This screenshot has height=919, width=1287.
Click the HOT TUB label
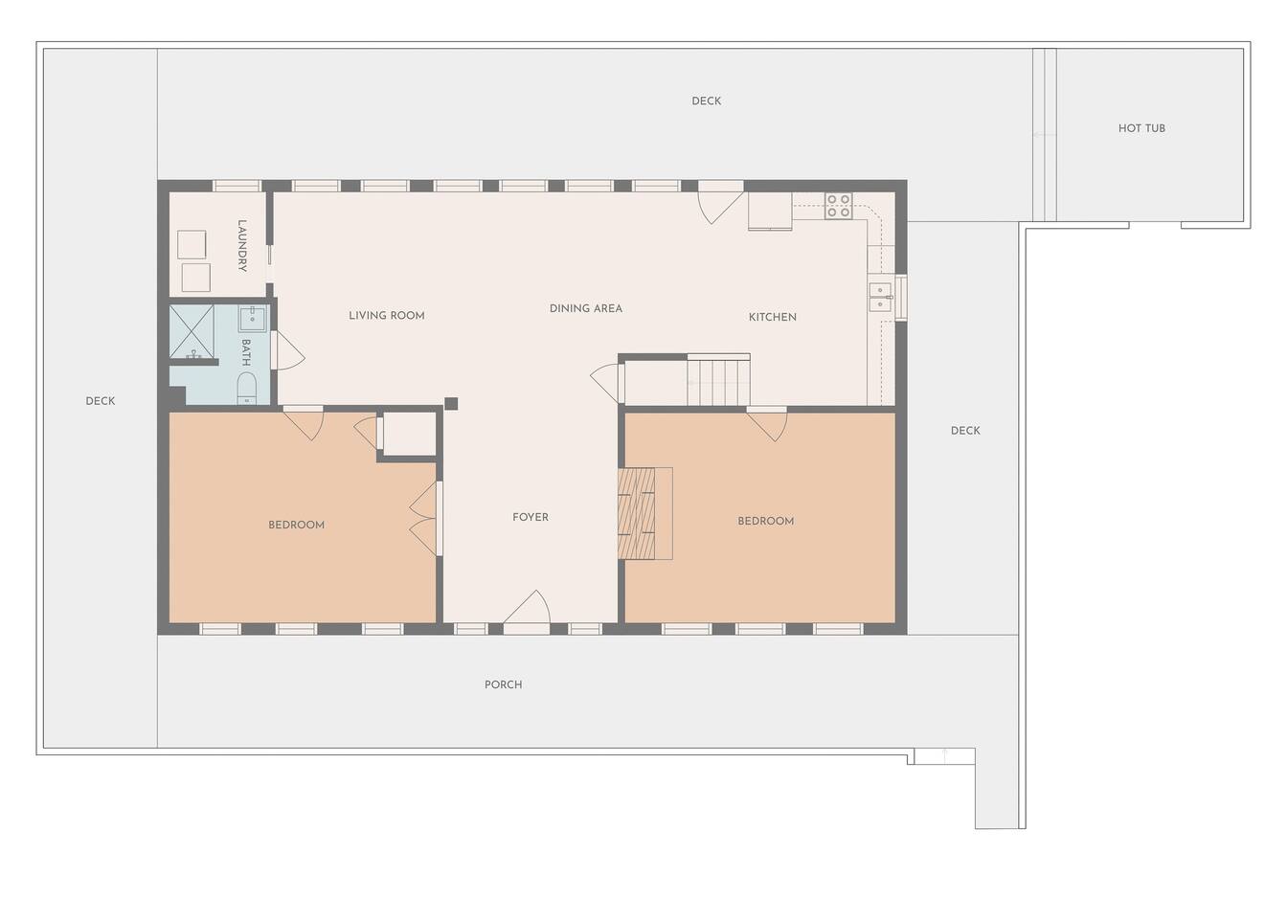click(1141, 128)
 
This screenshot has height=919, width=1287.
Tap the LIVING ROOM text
click(387, 315)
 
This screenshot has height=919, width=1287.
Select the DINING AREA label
click(585, 308)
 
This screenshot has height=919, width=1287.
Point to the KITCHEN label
click(772, 317)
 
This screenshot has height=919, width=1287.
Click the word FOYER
click(531, 517)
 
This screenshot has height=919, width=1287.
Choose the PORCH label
click(504, 684)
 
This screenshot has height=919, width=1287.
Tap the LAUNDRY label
click(242, 245)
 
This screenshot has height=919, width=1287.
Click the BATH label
click(246, 352)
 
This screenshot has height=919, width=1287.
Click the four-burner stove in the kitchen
click(838, 206)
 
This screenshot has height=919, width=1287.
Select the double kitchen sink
click(880, 297)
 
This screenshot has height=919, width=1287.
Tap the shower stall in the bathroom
click(192, 332)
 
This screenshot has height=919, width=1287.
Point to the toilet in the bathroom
click(247, 389)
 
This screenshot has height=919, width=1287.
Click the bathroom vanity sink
click(252, 319)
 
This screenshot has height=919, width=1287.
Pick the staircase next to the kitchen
click(719, 380)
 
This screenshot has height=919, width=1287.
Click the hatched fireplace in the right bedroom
click(636, 513)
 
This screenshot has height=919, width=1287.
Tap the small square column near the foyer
click(452, 404)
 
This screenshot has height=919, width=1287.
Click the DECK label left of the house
click(100, 401)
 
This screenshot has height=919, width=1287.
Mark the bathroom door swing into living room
click(289, 350)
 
